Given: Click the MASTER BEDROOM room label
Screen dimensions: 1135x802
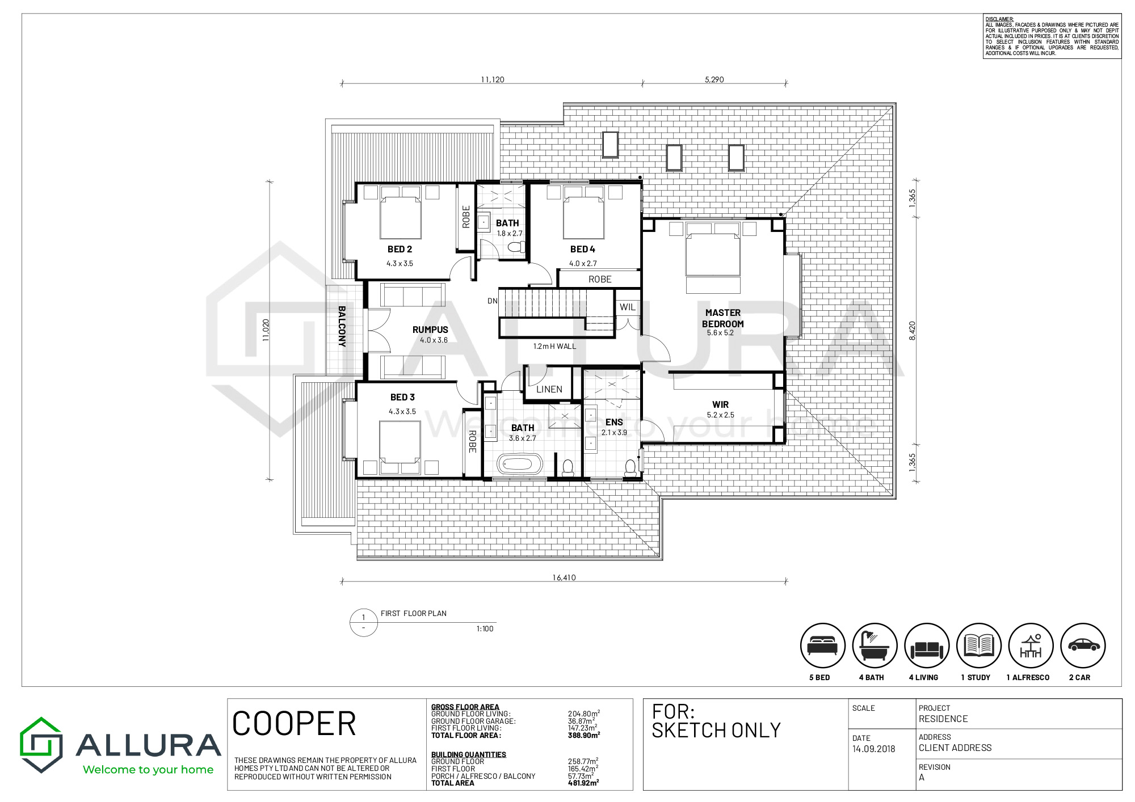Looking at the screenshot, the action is (722, 318).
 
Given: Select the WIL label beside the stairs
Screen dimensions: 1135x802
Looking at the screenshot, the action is (628, 307).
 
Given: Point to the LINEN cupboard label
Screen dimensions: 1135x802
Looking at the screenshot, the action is (549, 389).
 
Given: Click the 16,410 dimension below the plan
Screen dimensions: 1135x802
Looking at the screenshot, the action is (564, 577).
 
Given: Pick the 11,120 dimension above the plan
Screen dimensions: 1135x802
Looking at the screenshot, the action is (493, 79).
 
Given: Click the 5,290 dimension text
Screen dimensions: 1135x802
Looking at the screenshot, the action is (714, 79).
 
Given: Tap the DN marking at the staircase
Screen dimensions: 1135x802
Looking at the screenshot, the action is (493, 301).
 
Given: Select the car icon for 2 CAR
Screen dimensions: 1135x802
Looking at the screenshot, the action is (1083, 645).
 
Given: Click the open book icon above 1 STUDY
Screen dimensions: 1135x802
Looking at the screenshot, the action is (979, 645).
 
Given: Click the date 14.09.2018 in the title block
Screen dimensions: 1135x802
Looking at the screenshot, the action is (874, 749).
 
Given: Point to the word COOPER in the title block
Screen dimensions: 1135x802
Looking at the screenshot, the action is (294, 724).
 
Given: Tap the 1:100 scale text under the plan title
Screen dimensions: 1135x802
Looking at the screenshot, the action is (485, 628).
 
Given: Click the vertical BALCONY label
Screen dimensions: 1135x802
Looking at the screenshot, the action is (342, 326).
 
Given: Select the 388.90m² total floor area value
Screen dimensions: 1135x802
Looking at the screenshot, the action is (584, 735).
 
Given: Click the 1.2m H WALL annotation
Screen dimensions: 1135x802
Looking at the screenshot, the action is (554, 347).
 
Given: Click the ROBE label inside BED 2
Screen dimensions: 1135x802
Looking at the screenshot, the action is (466, 217).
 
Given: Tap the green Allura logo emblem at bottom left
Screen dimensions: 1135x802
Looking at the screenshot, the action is (41, 745).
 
